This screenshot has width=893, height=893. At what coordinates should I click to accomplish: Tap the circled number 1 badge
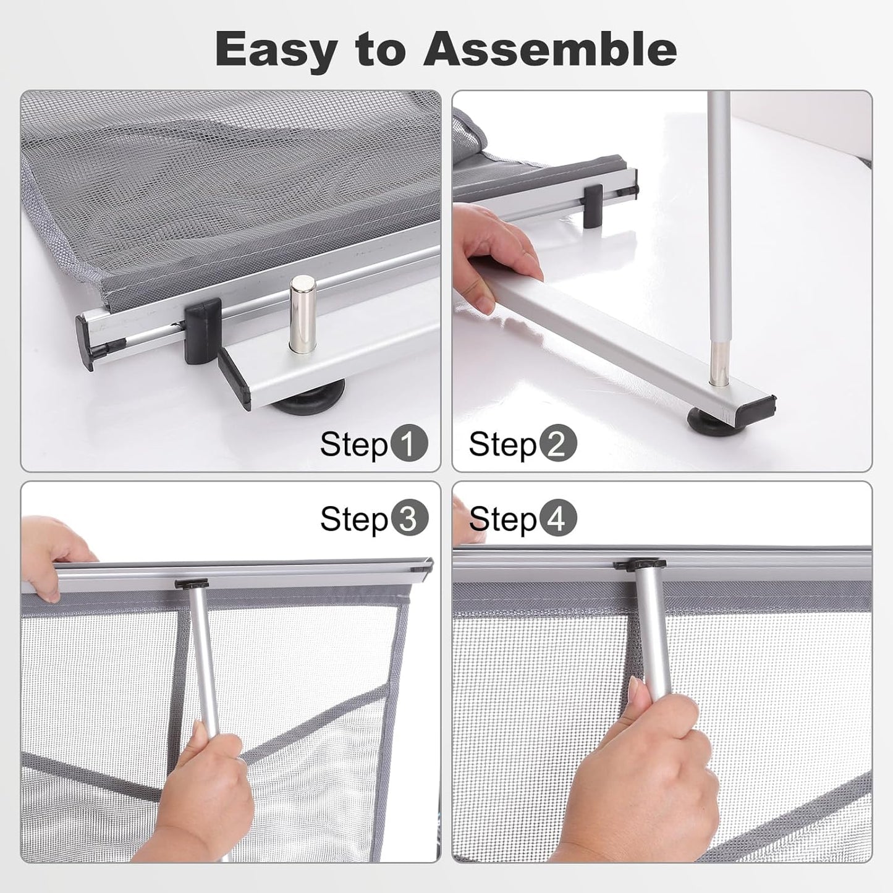[408, 444]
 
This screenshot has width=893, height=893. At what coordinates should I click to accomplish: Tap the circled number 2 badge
[557, 444]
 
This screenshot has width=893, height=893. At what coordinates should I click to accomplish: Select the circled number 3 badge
[408, 519]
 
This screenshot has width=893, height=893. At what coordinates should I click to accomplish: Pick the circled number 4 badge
[557, 519]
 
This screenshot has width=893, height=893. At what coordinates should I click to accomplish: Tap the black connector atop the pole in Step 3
[192, 583]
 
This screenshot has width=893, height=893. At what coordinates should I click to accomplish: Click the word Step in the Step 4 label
[502, 519]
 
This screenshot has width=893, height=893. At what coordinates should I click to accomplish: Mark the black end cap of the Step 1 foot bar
[234, 379]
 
